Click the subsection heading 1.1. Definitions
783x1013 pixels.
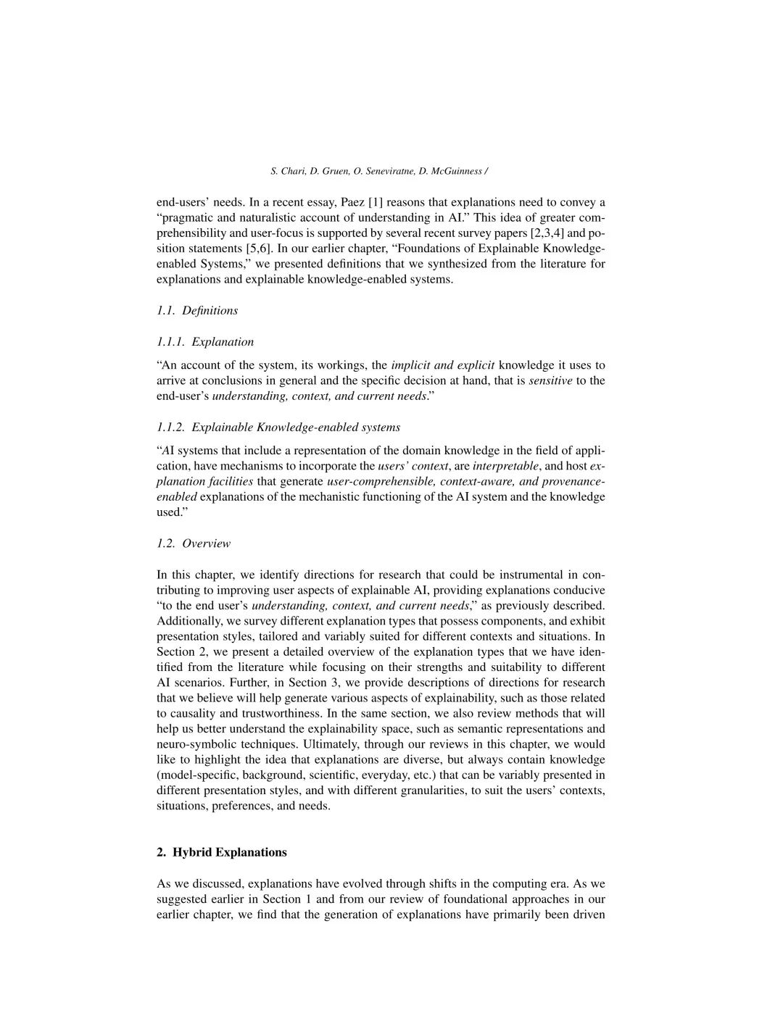pyautogui.click(x=197, y=310)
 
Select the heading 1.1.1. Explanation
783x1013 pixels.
pyautogui.click(x=205, y=341)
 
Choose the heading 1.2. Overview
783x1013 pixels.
pyautogui.click(x=194, y=543)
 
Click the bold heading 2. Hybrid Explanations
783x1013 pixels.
pyautogui.click(x=222, y=852)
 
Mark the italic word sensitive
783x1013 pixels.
pyautogui.click(x=550, y=380)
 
